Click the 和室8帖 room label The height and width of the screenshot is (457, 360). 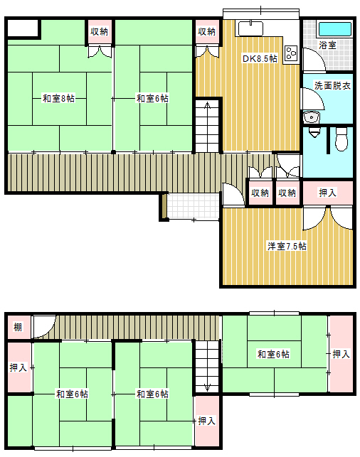coord(58,98)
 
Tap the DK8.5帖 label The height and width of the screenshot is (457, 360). coord(260,58)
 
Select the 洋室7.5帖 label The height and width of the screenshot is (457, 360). coord(287,247)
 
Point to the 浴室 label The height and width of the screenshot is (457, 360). coord(327,45)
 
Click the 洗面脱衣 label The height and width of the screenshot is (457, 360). coord(332,85)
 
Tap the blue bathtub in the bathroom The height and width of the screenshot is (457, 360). coord(334,29)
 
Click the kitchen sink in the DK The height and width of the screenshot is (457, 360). coord(251,28)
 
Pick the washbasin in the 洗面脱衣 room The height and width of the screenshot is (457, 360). coord(312,118)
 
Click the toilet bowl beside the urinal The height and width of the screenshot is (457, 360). coord(342,139)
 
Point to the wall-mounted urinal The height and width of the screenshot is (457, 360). coord(314,133)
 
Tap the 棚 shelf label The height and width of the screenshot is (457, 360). coord(18,327)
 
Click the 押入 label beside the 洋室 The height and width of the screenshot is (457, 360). coord(327,193)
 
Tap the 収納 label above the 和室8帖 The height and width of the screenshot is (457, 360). coord(99,31)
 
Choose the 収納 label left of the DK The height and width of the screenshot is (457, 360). coord(206,31)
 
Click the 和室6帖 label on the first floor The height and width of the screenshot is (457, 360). coord(152,98)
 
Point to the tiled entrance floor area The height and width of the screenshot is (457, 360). coord(194,206)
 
